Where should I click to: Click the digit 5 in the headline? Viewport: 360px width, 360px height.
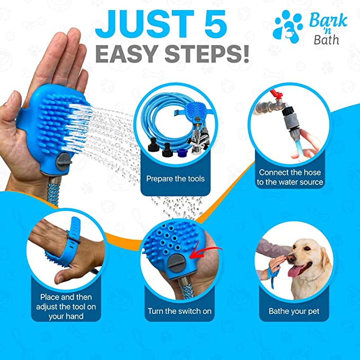pyautogui.click(x=213, y=24)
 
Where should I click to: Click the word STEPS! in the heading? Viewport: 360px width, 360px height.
pyautogui.click(x=207, y=54)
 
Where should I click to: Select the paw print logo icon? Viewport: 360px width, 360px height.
pyautogui.click(x=287, y=27)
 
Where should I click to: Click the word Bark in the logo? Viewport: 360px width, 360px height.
pyautogui.click(x=328, y=21)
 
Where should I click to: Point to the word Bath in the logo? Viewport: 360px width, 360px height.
pyautogui.click(x=326, y=40)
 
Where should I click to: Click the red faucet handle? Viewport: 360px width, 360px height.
pyautogui.click(x=276, y=94)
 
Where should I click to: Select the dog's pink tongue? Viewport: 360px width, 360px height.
pyautogui.click(x=296, y=271)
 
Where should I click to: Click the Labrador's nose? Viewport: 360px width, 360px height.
pyautogui.click(x=291, y=258)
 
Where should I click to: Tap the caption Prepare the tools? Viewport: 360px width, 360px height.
pyautogui.click(x=175, y=179)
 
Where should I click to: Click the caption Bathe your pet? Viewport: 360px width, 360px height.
pyautogui.click(x=294, y=311)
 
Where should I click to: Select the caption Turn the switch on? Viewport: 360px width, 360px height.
pyautogui.click(x=180, y=311)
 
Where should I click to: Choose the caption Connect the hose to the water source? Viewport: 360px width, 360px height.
pyautogui.click(x=289, y=177)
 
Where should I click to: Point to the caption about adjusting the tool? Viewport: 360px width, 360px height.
pyautogui.click(x=66, y=307)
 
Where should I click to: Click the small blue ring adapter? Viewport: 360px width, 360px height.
pyautogui.click(x=182, y=153)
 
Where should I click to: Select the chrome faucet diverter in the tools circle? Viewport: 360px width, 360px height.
pyautogui.click(x=198, y=141)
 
